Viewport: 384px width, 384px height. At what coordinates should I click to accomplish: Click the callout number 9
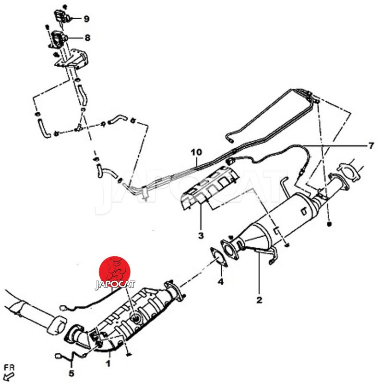(x=86, y=19)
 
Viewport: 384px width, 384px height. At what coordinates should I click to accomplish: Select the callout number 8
(x=87, y=38)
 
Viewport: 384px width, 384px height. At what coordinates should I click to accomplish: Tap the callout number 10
(x=196, y=152)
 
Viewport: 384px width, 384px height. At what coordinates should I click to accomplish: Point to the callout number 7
(x=371, y=146)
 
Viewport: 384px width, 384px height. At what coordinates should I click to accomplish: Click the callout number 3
(x=201, y=236)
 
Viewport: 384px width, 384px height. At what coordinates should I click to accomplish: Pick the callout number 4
(x=221, y=282)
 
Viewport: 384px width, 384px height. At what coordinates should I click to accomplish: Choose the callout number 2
(x=259, y=300)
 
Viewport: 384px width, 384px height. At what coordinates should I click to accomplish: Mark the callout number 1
(x=108, y=363)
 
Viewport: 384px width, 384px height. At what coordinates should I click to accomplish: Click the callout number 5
(x=71, y=373)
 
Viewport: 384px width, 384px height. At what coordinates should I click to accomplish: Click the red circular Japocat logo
(x=115, y=272)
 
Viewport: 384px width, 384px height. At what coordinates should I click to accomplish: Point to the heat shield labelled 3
(x=209, y=187)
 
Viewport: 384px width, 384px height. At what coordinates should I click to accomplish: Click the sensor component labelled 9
(x=62, y=16)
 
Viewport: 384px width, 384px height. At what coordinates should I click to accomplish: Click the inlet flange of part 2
(x=230, y=250)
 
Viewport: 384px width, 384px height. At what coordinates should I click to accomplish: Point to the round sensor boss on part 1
(x=135, y=319)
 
